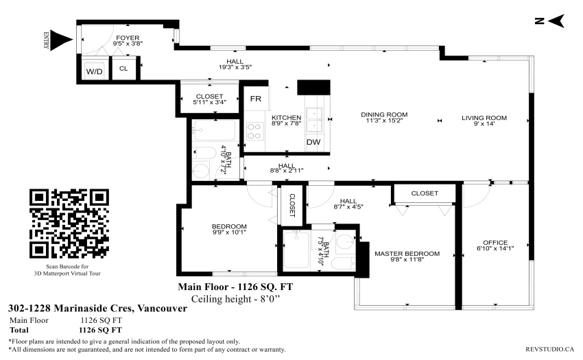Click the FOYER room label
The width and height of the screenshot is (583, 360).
[128, 38]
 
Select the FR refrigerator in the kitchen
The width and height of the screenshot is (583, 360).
[255, 99]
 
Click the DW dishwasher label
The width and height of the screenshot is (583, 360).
[313, 142]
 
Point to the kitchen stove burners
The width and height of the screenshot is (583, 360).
[254, 131]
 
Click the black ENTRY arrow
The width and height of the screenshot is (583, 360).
[61, 40]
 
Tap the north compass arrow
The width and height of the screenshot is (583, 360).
[556, 21]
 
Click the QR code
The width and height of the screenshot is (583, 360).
[69, 224]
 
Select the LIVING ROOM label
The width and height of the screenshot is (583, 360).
[484, 118]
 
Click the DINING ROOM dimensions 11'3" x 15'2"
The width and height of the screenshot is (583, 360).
[384, 121]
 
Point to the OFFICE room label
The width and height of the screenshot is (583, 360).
[495, 243]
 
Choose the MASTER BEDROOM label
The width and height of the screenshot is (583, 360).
[407, 254]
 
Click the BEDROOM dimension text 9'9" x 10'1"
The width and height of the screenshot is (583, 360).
[229, 232]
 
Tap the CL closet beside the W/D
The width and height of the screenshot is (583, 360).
[123, 69]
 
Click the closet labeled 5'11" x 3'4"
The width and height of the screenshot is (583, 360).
[209, 99]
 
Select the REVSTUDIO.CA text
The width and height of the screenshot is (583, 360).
[549, 349]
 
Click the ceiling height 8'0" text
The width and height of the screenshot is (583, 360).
[235, 299]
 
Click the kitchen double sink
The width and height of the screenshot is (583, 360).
[315, 120]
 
